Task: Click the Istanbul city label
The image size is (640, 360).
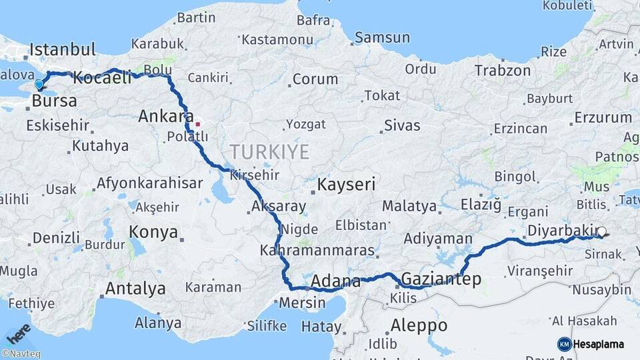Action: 63,50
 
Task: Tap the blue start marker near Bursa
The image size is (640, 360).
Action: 39,85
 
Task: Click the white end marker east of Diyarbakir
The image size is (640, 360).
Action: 601,232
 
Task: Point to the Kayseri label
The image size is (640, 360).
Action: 347,184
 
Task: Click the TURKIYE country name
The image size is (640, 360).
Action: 269,152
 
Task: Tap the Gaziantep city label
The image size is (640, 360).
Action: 441,279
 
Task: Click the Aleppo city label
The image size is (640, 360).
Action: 419,325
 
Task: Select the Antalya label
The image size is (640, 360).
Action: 135,289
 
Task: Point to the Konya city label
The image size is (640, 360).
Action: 153,232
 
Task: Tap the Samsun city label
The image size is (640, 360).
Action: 381,38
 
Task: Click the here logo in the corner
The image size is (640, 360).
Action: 18,333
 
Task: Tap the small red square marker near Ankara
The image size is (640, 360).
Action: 197,124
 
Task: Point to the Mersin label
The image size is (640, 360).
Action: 301,302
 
